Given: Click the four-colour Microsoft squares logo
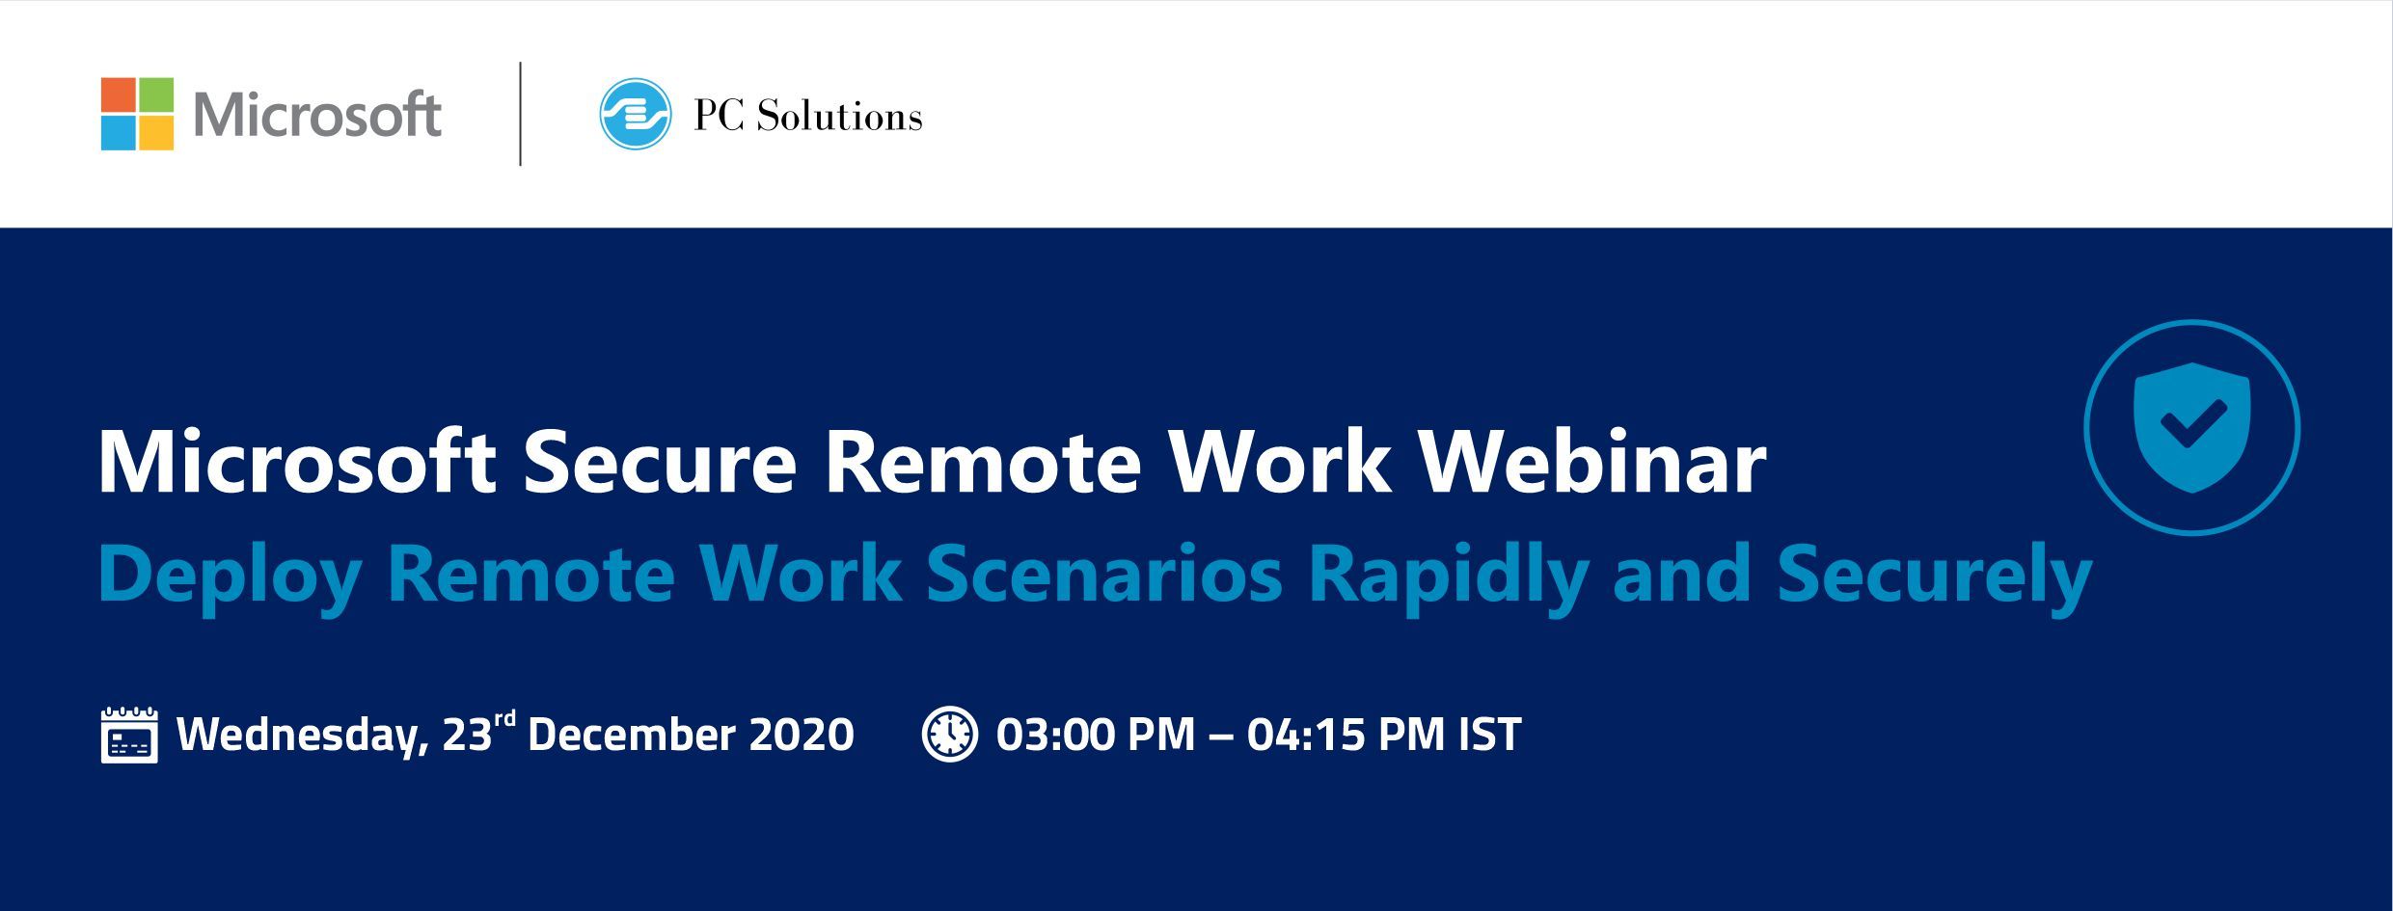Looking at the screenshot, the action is click(x=137, y=114).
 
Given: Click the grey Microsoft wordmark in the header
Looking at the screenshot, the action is click(x=317, y=115).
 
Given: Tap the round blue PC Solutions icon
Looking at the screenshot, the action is click(x=636, y=114).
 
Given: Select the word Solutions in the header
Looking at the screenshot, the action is click(x=839, y=117).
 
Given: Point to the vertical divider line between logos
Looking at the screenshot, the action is click(x=521, y=114).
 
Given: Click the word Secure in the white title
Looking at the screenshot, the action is click(x=660, y=463).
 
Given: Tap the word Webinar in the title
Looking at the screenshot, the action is click(x=1592, y=463).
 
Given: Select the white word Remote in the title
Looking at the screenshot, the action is click(x=982, y=463).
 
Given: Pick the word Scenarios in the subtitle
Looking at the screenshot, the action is click(x=1104, y=575).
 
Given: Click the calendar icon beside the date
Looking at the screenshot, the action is click(x=129, y=735).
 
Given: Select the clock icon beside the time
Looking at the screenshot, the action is click(x=950, y=735).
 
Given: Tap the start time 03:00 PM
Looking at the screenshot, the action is click(x=1096, y=735).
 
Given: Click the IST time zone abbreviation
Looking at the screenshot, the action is click(x=1490, y=735).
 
